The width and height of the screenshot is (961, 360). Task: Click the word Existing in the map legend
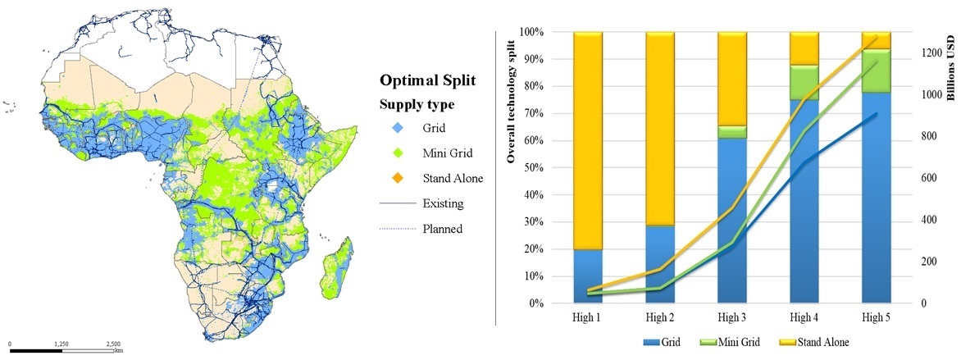point(443,203)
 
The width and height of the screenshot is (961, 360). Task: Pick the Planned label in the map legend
point(443,229)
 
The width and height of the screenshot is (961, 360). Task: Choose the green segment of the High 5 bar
point(877,71)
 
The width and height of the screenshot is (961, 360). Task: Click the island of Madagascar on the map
point(336,268)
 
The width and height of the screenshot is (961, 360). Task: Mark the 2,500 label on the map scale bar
point(113,344)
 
